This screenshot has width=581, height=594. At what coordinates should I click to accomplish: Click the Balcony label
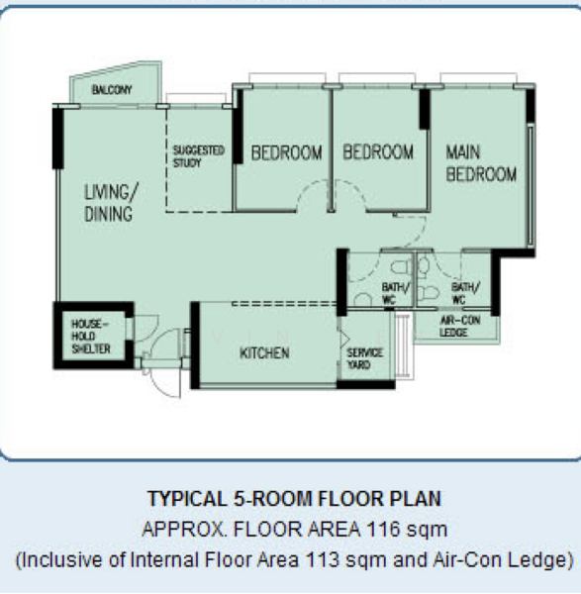(x=112, y=90)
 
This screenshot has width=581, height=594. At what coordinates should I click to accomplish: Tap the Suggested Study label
(x=199, y=156)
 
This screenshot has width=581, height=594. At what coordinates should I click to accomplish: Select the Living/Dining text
(x=111, y=202)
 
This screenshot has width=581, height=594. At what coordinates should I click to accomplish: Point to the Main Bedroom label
(x=481, y=163)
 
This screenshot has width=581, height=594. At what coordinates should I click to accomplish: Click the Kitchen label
(x=264, y=353)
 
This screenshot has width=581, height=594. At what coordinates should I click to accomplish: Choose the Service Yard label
(x=364, y=358)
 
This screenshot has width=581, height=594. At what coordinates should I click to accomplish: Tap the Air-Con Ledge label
(x=460, y=326)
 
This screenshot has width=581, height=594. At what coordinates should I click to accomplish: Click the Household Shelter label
(x=91, y=336)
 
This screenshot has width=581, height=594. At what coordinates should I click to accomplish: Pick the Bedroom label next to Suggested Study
(x=287, y=152)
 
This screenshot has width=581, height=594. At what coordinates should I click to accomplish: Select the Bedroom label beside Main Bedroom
(x=378, y=151)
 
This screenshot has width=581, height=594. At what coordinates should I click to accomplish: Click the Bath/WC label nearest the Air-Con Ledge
(x=465, y=293)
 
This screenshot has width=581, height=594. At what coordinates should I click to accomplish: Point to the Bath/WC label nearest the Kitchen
(x=395, y=293)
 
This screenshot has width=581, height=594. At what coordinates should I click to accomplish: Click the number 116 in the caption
(x=383, y=529)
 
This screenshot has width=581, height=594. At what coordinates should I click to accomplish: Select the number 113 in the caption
(x=322, y=559)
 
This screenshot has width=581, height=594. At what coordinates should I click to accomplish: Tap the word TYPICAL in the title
(x=187, y=499)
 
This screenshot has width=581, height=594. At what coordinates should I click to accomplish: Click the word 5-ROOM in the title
(x=272, y=499)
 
